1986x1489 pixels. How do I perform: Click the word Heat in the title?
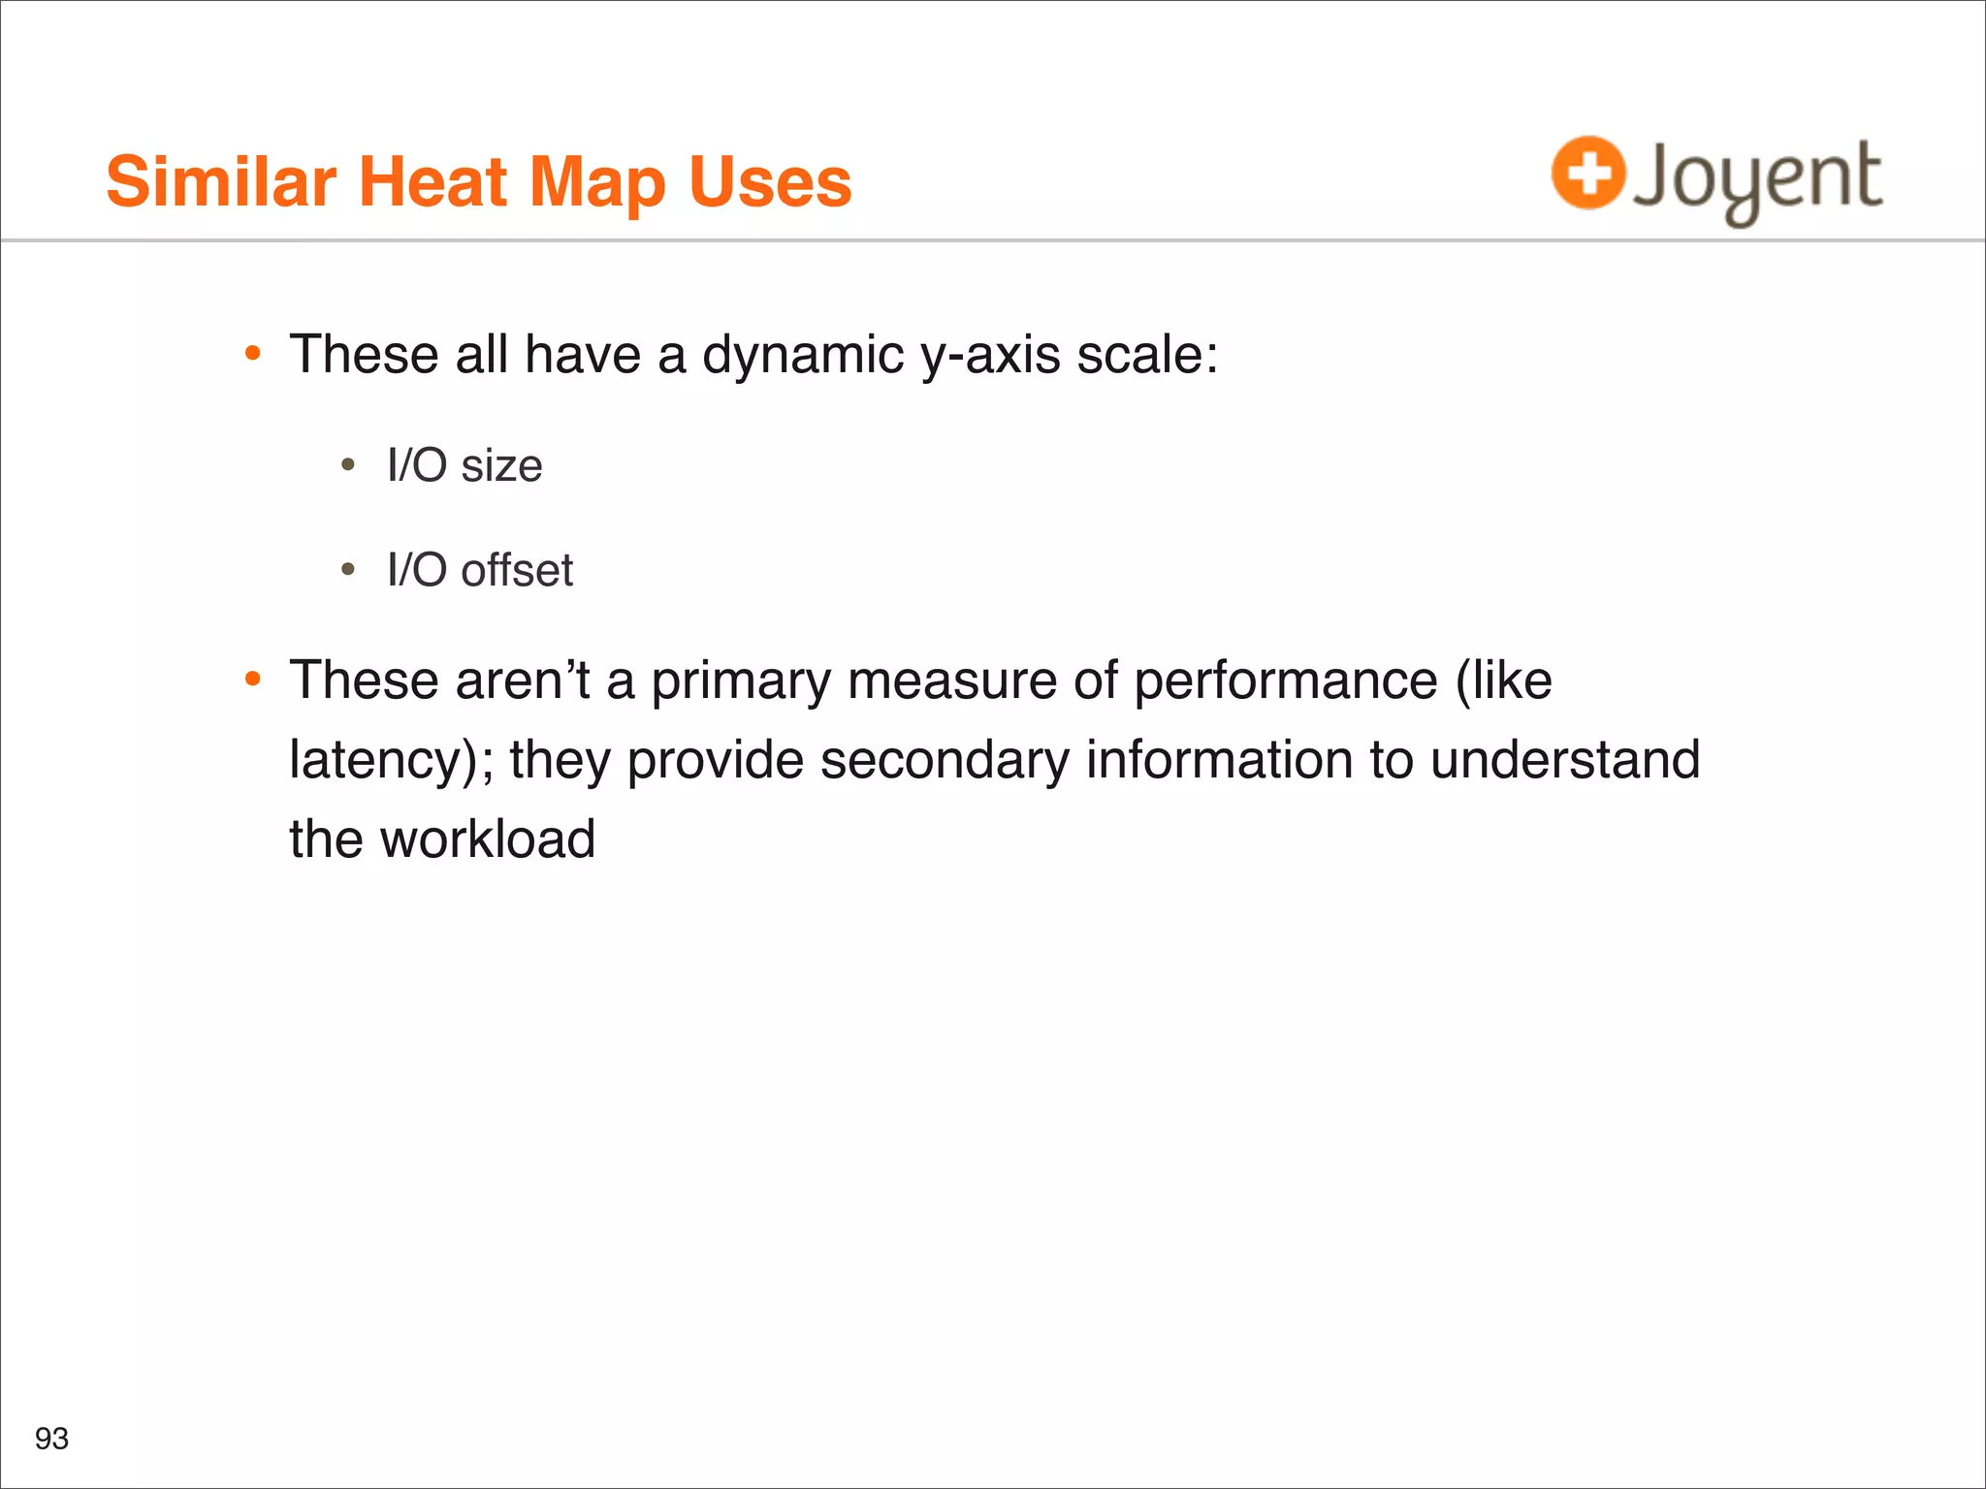[432, 182]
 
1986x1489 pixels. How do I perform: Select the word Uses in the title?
[770, 182]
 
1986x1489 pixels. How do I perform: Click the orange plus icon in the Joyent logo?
[1587, 174]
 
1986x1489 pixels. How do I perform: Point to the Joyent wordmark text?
[1757, 178]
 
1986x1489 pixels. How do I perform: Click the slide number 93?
[51, 1439]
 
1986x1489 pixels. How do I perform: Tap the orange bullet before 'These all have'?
[253, 354]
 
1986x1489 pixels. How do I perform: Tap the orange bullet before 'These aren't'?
[253, 680]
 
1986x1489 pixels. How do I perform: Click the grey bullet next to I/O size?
[348, 465]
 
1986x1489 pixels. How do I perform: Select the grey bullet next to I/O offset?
[348, 570]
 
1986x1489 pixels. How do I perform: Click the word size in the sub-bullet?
[501, 466]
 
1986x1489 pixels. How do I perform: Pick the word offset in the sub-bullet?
[517, 570]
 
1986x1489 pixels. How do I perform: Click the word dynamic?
[803, 355]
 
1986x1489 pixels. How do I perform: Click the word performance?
[1286, 681]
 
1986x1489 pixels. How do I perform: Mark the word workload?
[488, 840]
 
